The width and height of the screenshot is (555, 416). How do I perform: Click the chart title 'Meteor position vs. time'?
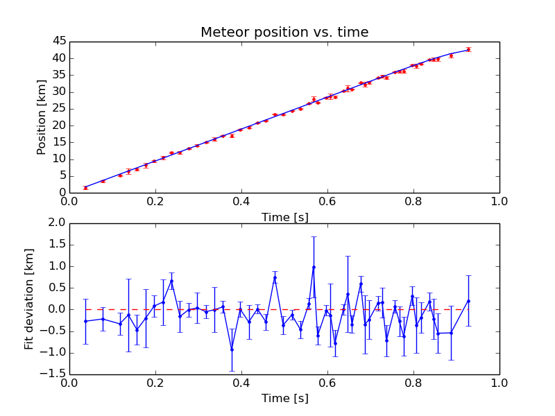click(x=284, y=33)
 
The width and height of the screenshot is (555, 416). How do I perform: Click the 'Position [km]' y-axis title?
click(x=41, y=116)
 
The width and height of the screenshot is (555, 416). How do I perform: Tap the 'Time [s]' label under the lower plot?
click(x=284, y=399)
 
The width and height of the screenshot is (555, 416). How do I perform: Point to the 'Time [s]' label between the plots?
click(x=284, y=217)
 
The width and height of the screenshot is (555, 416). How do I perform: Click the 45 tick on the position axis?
click(x=58, y=41)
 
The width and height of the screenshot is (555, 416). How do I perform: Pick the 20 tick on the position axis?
click(x=58, y=125)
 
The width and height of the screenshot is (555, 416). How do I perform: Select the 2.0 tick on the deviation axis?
click(x=55, y=223)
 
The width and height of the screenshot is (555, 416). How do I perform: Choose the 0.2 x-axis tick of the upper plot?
click(x=155, y=202)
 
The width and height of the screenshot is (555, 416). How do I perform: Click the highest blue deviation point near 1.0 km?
click(x=314, y=267)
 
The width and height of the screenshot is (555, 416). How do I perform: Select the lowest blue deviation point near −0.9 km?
click(x=232, y=349)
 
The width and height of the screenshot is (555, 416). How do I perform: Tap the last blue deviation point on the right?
click(x=468, y=301)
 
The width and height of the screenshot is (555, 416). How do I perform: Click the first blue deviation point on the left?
click(x=85, y=321)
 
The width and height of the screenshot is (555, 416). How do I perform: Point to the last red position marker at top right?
click(x=468, y=49)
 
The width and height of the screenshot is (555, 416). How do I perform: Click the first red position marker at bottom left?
click(x=85, y=187)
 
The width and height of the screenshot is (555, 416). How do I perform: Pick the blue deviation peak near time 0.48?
click(x=275, y=277)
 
